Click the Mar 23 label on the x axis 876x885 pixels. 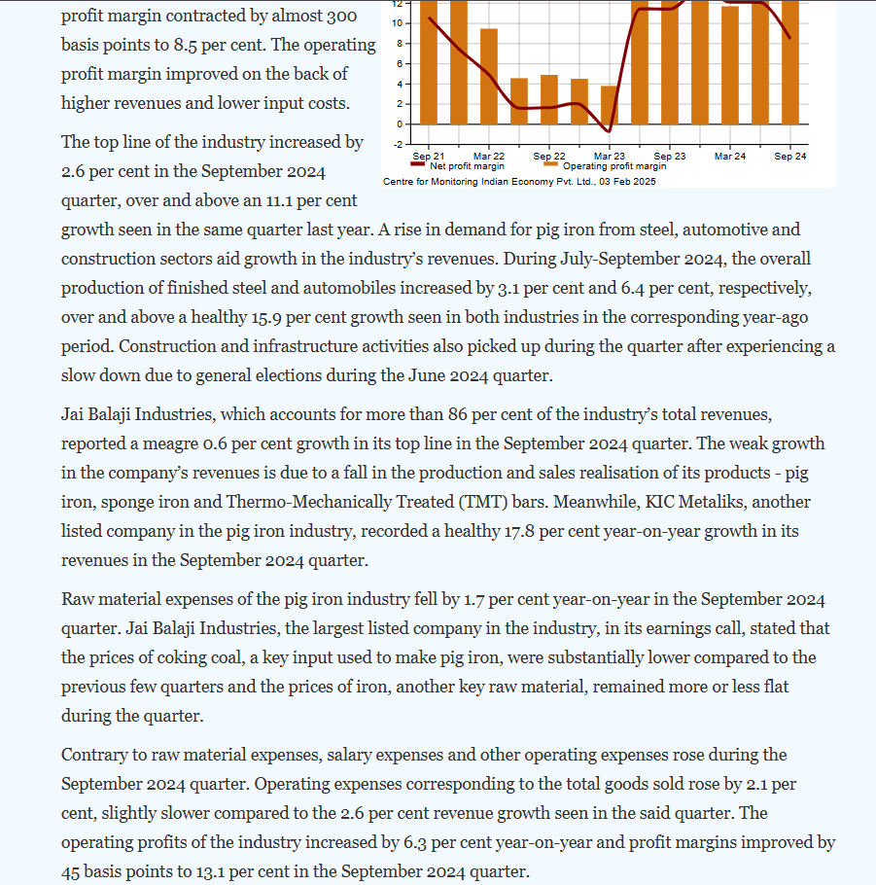tap(610, 157)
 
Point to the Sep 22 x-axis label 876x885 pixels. tap(549, 157)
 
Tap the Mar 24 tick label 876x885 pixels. tap(730, 157)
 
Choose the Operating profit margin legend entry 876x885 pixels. tap(613, 166)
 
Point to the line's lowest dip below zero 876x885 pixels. tap(608, 130)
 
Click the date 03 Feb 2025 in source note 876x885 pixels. tap(629, 182)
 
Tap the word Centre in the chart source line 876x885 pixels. tap(399, 182)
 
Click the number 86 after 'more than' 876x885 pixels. tap(459, 415)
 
